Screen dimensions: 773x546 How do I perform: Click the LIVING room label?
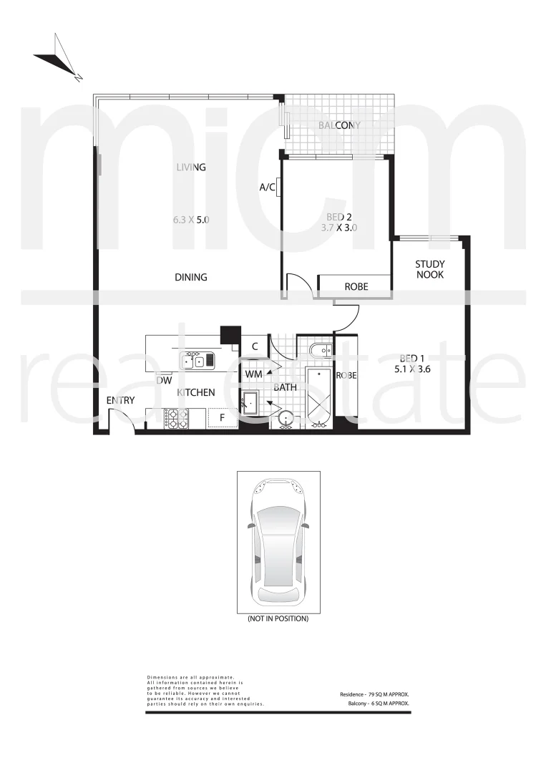point(191,167)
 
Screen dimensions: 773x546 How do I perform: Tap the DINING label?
point(190,277)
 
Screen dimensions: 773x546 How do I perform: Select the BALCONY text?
point(339,125)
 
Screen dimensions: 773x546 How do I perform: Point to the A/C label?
point(268,188)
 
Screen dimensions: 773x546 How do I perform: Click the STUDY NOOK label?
point(429,269)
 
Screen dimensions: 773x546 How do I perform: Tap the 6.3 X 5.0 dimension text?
point(191,220)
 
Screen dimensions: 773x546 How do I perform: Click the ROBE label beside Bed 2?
point(356,286)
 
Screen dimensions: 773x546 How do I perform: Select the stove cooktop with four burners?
point(176,418)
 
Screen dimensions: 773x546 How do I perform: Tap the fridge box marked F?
point(222,417)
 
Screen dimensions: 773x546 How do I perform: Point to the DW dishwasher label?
point(164,381)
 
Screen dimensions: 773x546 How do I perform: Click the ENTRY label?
point(120,400)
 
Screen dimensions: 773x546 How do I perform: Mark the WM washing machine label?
point(253,374)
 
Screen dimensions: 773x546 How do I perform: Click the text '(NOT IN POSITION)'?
point(278,618)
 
